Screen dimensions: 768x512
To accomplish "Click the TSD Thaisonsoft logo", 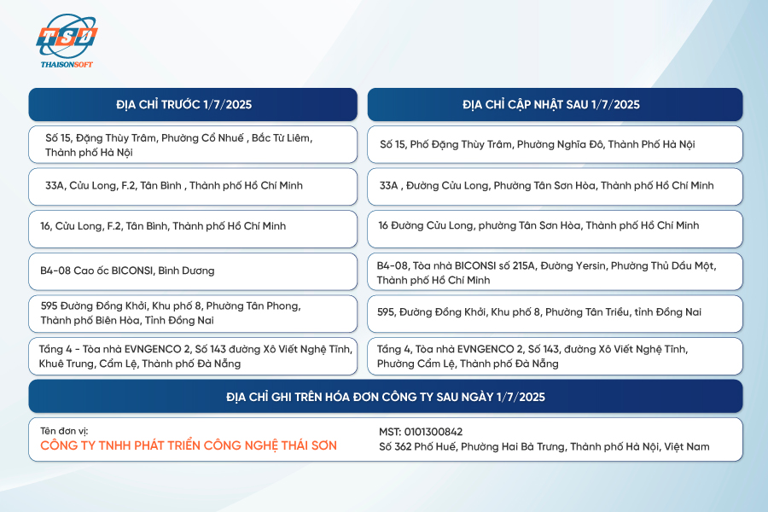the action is (67, 41).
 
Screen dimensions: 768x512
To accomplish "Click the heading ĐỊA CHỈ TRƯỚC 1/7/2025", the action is (184, 104).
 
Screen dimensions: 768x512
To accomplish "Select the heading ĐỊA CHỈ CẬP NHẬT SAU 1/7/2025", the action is (551, 104).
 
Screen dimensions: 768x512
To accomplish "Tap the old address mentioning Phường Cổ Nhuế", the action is (179, 145).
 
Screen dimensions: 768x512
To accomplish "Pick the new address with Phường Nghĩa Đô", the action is (538, 144).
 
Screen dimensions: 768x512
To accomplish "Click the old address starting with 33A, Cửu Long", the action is (174, 186).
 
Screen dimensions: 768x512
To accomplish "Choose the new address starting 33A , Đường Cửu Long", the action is (547, 186).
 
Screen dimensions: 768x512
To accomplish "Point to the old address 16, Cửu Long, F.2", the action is (163, 226).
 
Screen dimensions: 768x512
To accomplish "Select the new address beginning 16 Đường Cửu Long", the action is (538, 225).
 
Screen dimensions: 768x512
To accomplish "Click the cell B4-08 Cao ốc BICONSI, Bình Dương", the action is (127, 271).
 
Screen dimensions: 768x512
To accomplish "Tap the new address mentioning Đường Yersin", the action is (547, 273).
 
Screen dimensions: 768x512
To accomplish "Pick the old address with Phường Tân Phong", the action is (171, 313).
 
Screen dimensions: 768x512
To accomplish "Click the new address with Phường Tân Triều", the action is (539, 312).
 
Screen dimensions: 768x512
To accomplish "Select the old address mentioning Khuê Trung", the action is (195, 356).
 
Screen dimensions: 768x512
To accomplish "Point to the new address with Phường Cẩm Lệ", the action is (532, 356).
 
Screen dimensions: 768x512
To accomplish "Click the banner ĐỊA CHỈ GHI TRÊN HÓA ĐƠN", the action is (386, 397).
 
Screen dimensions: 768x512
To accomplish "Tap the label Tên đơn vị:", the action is (64, 431).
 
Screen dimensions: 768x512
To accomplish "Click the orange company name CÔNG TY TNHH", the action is (189, 445).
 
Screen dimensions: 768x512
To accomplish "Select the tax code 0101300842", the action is (421, 432).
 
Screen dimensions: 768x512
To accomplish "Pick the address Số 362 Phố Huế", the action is (544, 447).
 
